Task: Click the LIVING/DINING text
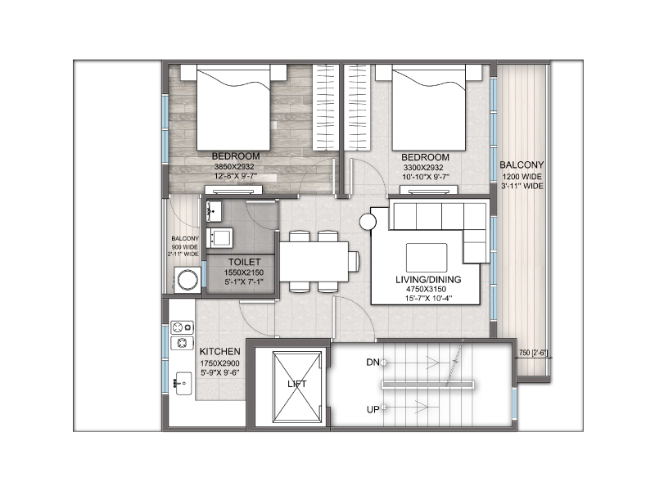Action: click(427, 279)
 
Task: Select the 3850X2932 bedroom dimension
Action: click(236, 166)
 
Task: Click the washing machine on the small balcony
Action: click(186, 282)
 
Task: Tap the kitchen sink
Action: click(183, 380)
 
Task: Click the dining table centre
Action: click(314, 261)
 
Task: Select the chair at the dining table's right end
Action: click(354, 261)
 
